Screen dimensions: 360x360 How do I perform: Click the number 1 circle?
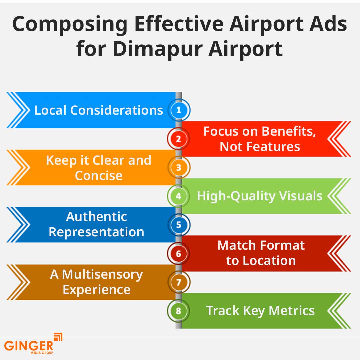point(179,110)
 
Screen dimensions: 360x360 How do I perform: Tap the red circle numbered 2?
point(179,139)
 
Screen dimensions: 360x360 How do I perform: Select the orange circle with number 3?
point(179,167)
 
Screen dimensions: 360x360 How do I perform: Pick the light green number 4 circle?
point(179,196)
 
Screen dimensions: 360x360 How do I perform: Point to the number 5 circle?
point(179,225)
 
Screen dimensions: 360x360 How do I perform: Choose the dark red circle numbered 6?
point(179,253)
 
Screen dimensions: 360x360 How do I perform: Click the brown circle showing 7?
point(179,282)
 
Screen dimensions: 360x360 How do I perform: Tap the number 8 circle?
point(179,311)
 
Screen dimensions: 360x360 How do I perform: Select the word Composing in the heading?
point(70,25)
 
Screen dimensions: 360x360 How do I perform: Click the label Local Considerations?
point(99,110)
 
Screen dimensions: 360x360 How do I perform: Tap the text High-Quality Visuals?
point(260,196)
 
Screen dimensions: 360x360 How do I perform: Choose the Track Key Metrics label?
point(260,311)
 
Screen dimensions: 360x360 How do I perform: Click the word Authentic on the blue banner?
point(97,217)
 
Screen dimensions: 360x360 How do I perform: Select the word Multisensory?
point(103,274)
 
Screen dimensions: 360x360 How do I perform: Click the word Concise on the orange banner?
point(99,176)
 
